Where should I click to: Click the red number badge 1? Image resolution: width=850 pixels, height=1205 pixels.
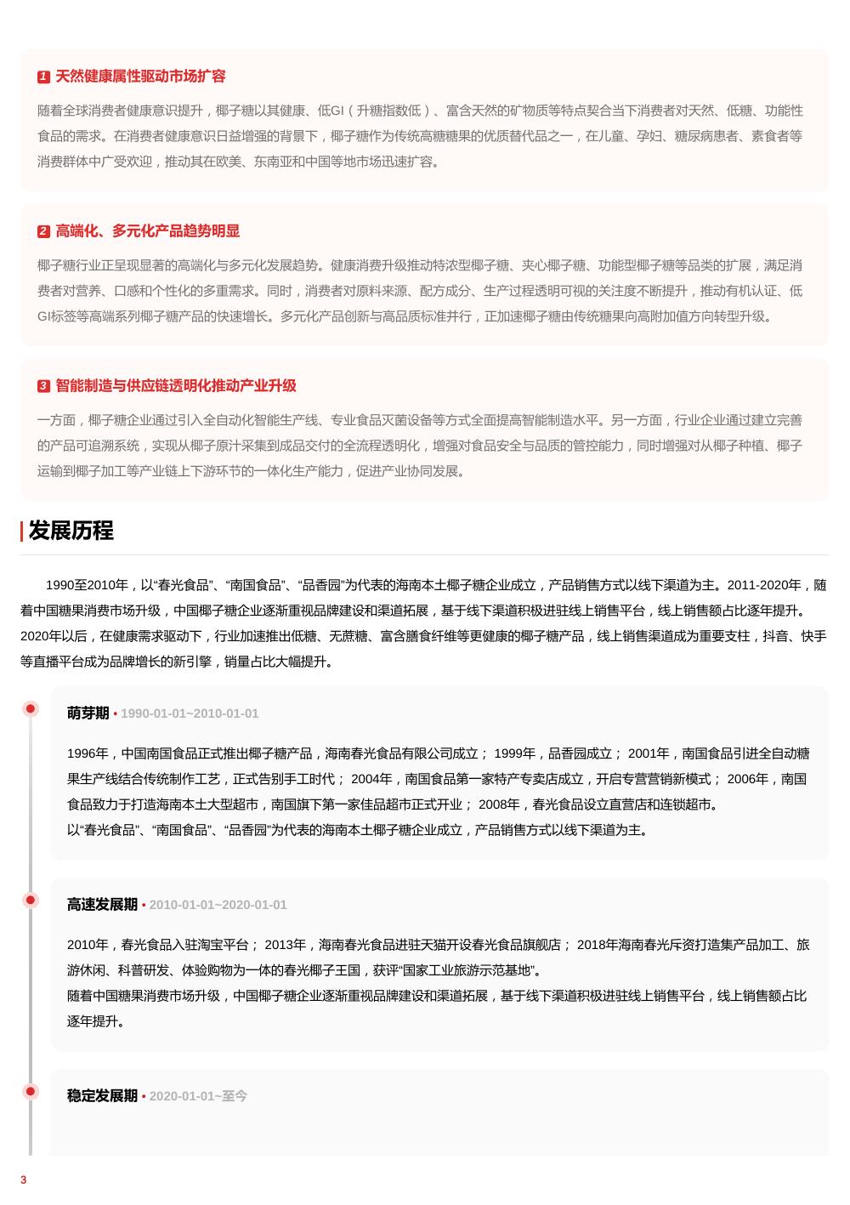tap(43, 77)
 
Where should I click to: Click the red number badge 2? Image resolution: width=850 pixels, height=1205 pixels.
tap(43, 231)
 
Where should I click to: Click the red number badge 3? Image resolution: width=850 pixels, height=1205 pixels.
tap(43, 386)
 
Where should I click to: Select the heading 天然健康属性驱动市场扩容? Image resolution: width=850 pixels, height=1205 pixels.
tap(140, 77)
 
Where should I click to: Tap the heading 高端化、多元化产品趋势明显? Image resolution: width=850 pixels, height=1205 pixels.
tap(147, 231)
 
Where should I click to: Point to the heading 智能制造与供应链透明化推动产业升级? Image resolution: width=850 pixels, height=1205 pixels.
tap(176, 386)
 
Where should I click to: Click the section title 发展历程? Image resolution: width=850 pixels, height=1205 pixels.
tap(71, 531)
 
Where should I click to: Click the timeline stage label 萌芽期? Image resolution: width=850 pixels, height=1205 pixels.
tap(88, 713)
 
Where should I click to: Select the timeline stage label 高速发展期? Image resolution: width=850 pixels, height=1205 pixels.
tap(102, 905)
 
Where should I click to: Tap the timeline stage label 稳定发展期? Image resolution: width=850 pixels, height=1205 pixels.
tap(102, 1096)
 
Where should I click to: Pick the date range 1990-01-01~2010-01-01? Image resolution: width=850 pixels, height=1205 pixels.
tap(190, 713)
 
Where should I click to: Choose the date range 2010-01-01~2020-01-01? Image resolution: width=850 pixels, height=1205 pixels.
tap(218, 905)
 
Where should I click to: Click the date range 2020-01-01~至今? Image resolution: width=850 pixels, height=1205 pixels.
tap(198, 1096)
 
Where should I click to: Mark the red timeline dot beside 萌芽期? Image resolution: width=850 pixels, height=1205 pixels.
tap(31, 709)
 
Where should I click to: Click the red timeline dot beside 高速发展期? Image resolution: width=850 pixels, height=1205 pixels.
tap(31, 901)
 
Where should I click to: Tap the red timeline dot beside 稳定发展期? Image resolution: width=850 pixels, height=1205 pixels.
tap(31, 1092)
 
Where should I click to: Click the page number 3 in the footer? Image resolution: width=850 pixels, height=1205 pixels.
tap(24, 1179)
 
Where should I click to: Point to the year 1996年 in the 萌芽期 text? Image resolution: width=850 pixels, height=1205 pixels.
tap(88, 753)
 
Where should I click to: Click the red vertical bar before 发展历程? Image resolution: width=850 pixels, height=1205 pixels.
tap(22, 531)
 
